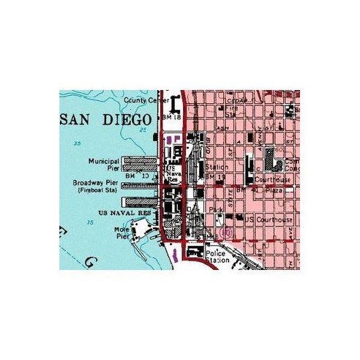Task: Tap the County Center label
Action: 141,100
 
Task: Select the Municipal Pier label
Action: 103,164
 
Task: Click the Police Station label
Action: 218,256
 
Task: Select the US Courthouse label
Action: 269,220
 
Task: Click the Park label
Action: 216,209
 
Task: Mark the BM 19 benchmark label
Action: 213,177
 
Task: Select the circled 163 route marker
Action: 227,233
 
